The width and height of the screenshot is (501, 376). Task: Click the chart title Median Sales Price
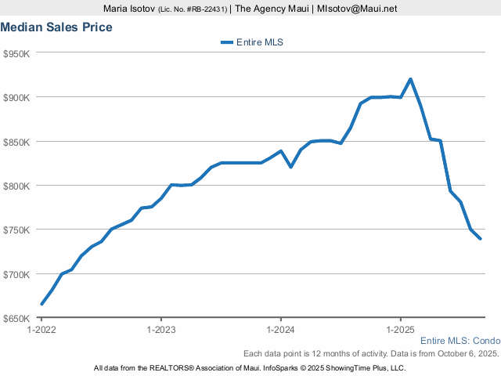point(56,27)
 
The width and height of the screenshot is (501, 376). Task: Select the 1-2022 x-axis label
point(41,330)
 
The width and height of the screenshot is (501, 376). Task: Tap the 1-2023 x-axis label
point(161,330)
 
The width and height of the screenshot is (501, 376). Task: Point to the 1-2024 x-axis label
point(280,330)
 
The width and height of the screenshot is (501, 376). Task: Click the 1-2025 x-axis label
point(400,330)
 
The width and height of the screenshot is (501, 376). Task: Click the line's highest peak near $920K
point(410,79)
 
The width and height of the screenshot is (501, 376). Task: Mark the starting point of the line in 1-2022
point(41,304)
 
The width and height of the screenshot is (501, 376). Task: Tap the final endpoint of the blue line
point(480,239)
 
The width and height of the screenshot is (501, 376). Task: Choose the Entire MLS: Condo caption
point(460,341)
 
